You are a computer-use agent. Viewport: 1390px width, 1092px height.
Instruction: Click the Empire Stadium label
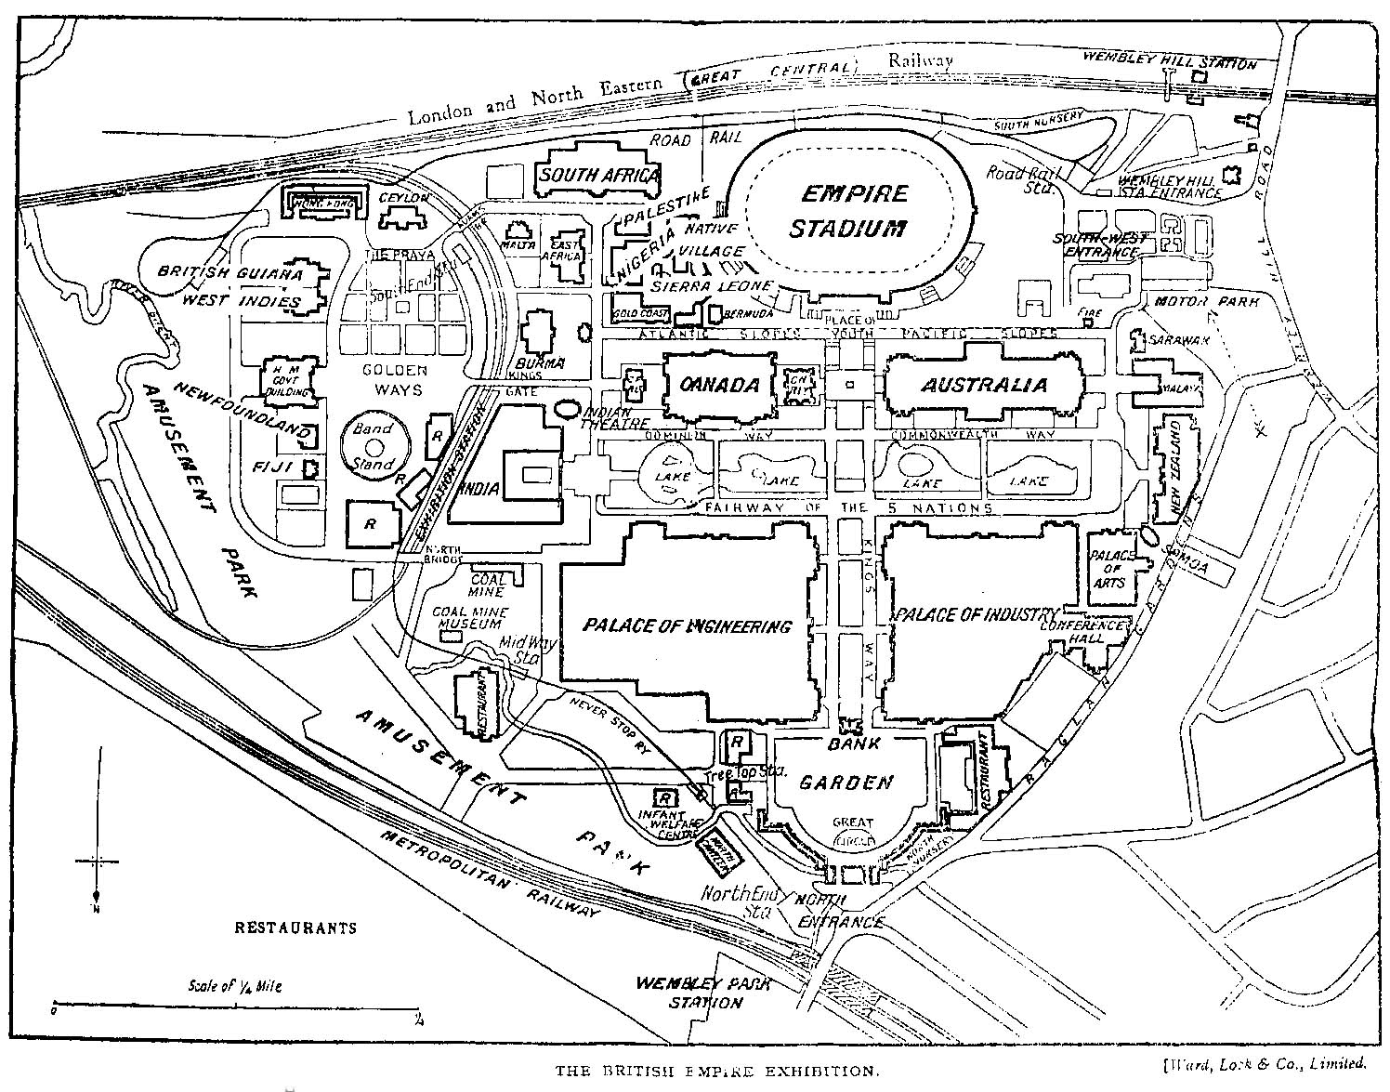click(x=851, y=210)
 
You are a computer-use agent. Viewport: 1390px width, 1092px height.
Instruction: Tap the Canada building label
click(x=720, y=385)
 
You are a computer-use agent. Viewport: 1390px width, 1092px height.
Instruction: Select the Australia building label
click(x=984, y=385)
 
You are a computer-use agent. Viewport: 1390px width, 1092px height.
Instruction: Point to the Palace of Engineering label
click(x=688, y=625)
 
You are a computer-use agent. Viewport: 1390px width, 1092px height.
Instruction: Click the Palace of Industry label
click(x=976, y=615)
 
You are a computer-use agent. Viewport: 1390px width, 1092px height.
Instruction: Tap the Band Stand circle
click(x=372, y=447)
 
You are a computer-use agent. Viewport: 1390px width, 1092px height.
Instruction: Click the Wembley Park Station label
click(x=689, y=993)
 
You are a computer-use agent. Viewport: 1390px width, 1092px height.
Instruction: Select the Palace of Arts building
click(x=1109, y=568)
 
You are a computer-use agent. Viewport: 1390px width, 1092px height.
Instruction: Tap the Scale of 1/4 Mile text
click(x=234, y=986)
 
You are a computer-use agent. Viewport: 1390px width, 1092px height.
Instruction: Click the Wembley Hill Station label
click(x=1170, y=62)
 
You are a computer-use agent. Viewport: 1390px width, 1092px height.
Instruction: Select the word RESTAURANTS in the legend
click(x=295, y=928)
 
